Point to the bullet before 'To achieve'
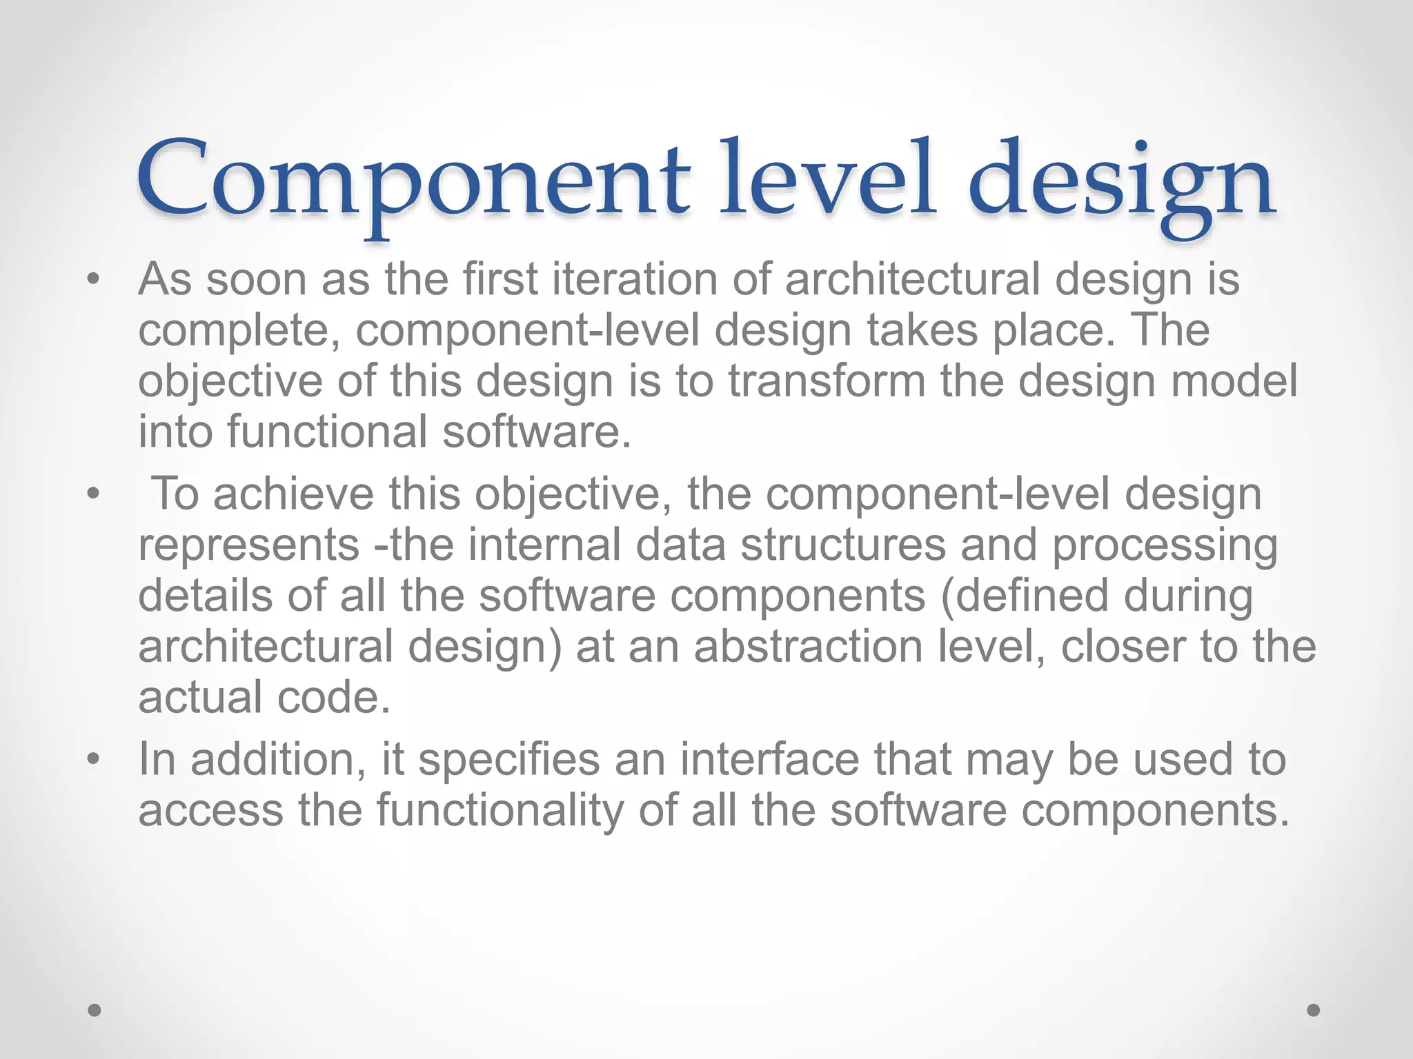(94, 494)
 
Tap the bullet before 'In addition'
(94, 759)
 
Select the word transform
(827, 381)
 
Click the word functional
(327, 432)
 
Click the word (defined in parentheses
(1025, 596)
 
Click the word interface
(770, 759)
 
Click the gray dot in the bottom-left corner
(95, 1010)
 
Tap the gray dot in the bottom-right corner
(1314, 1010)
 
